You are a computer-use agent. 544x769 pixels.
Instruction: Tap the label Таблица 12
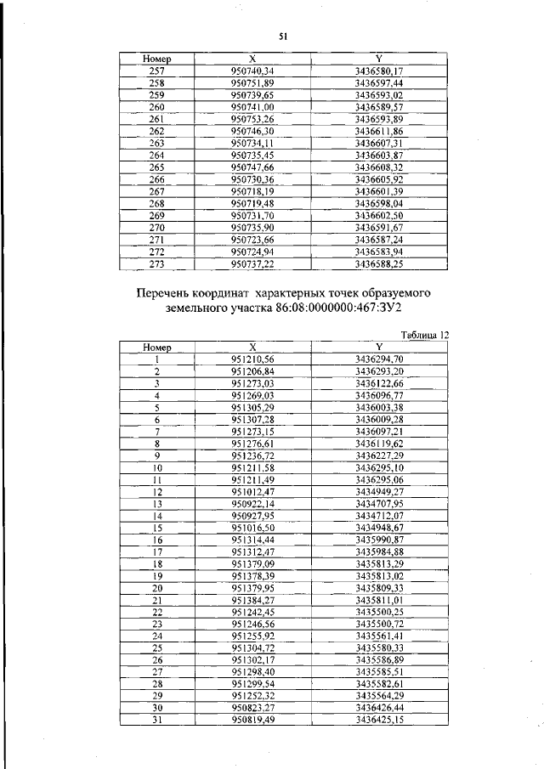(x=424, y=335)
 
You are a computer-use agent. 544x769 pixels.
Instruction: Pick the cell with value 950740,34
(x=252, y=71)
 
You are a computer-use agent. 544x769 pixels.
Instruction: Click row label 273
(x=156, y=265)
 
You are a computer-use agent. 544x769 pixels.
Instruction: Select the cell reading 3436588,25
(x=379, y=265)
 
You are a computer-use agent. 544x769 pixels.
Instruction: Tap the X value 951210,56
(x=252, y=359)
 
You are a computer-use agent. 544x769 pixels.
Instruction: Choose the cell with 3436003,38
(x=379, y=408)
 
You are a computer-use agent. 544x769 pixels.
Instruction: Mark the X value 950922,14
(x=252, y=503)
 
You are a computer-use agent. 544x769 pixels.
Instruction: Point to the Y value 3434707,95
(x=379, y=503)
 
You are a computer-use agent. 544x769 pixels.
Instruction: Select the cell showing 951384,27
(x=252, y=599)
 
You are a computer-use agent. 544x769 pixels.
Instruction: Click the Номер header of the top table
(x=157, y=59)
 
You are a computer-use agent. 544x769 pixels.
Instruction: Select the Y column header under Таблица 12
(x=379, y=347)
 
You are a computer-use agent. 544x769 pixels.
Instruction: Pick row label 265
(x=156, y=168)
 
